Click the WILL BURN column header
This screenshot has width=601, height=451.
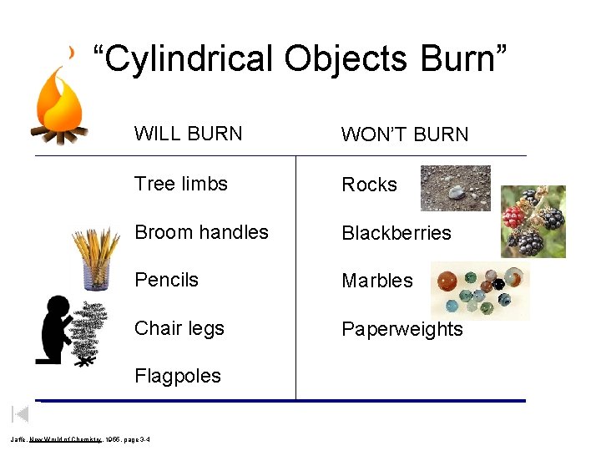[188, 134]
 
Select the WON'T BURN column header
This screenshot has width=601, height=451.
[405, 134]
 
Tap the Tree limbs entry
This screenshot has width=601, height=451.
[181, 184]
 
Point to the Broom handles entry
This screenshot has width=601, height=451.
[201, 232]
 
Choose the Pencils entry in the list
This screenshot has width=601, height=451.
[166, 280]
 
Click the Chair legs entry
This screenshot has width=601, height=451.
[179, 328]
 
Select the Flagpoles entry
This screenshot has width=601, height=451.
[178, 376]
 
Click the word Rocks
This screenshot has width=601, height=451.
[369, 185]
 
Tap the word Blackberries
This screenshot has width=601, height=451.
[396, 233]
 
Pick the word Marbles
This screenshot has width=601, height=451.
[377, 281]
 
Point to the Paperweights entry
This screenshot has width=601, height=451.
[402, 329]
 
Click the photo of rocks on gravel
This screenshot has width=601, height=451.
[455, 188]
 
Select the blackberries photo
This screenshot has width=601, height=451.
[533, 220]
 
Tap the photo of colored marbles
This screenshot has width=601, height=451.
[480, 291]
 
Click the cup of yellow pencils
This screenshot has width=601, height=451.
[97, 259]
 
